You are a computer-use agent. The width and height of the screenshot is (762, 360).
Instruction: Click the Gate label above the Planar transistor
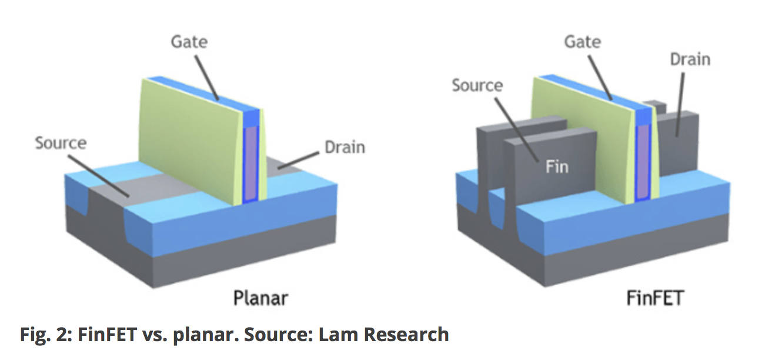[189, 42]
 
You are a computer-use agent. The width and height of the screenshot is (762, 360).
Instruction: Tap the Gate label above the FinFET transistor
[582, 42]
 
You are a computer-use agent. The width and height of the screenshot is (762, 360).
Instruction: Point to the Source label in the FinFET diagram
[477, 85]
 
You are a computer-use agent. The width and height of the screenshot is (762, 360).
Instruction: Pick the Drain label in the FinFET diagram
[690, 59]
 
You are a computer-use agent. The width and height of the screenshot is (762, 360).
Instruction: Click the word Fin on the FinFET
[556, 166]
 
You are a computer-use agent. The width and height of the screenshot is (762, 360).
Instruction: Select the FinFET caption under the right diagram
[653, 298]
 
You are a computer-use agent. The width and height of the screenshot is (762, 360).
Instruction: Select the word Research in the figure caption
[406, 335]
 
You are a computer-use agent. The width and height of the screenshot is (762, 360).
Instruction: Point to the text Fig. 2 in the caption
[42, 335]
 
